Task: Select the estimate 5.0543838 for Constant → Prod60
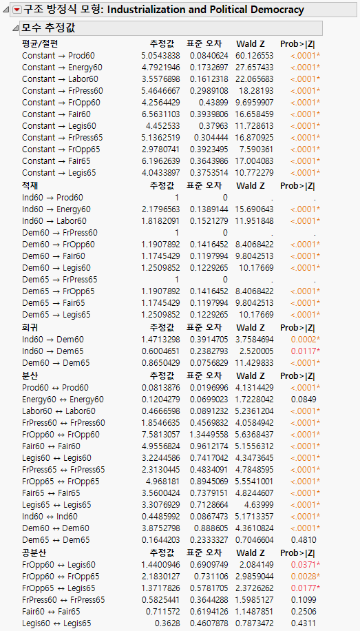(x=160, y=55)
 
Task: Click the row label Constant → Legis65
(x=59, y=172)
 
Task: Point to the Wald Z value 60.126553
(x=254, y=55)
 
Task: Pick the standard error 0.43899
(x=209, y=102)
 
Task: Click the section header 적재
(x=30, y=185)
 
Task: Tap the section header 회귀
(x=30, y=328)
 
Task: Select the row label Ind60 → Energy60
(x=56, y=209)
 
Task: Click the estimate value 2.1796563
(x=160, y=209)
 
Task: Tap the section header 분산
(x=30, y=375)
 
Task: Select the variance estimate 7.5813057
(x=160, y=435)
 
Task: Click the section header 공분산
(x=34, y=553)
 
